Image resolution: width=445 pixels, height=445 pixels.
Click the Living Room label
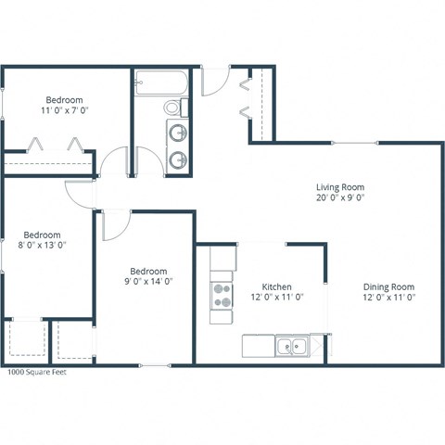pyautogui.click(x=339, y=186)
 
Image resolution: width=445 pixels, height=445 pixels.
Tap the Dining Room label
pyautogui.click(x=388, y=286)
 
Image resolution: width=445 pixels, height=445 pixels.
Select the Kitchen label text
pyautogui.click(x=277, y=286)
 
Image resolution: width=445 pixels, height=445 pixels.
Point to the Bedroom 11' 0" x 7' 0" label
pyautogui.click(x=65, y=100)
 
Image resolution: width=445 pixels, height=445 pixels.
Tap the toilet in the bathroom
pyautogui.click(x=174, y=108)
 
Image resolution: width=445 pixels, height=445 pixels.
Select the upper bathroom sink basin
pyautogui.click(x=175, y=131)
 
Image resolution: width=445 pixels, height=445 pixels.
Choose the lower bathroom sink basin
pyautogui.click(x=175, y=158)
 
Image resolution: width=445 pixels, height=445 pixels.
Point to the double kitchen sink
pyautogui.click(x=291, y=347)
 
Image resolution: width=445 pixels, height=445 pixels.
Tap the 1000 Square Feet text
pyautogui.click(x=37, y=374)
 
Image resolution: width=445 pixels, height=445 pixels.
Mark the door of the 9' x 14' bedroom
pyautogui.click(x=114, y=222)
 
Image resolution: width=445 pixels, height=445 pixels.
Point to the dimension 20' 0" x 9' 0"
pyautogui.click(x=339, y=197)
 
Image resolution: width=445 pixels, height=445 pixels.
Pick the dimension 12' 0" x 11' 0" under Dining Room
pyautogui.click(x=388, y=298)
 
